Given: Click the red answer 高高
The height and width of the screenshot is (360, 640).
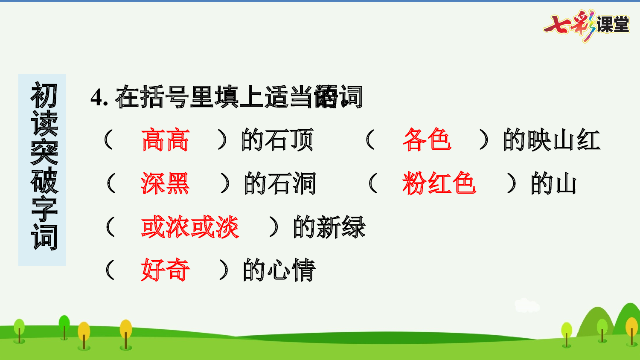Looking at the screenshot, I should point(166,140).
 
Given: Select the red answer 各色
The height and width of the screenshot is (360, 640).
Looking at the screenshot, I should point(427,140).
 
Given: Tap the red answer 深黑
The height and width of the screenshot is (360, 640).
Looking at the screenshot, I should point(166,183).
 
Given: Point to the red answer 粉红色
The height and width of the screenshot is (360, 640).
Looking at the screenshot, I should point(439,183).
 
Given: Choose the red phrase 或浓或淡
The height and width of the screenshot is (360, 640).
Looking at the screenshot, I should point(190,227).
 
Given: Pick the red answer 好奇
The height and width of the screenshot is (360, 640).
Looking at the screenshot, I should point(166,270).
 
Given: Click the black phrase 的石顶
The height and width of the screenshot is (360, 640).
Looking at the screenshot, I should point(277,140).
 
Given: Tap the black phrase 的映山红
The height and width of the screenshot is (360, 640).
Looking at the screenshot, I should point(551,140).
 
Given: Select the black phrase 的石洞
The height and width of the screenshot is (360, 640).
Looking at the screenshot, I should point(280,183).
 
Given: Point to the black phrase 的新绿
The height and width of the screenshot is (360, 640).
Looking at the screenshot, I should point(329,227).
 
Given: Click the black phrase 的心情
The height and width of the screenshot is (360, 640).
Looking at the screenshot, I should point(279,270).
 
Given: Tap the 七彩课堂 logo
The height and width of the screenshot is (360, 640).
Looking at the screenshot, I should point(587,25).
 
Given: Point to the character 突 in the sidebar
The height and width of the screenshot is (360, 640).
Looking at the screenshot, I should point(43,152).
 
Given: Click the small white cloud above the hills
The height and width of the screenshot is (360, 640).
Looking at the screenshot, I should point(527,305).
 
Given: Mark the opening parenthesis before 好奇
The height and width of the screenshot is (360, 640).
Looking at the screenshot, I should point(110,270).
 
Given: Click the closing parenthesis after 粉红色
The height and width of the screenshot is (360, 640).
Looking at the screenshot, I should point(511,183).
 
